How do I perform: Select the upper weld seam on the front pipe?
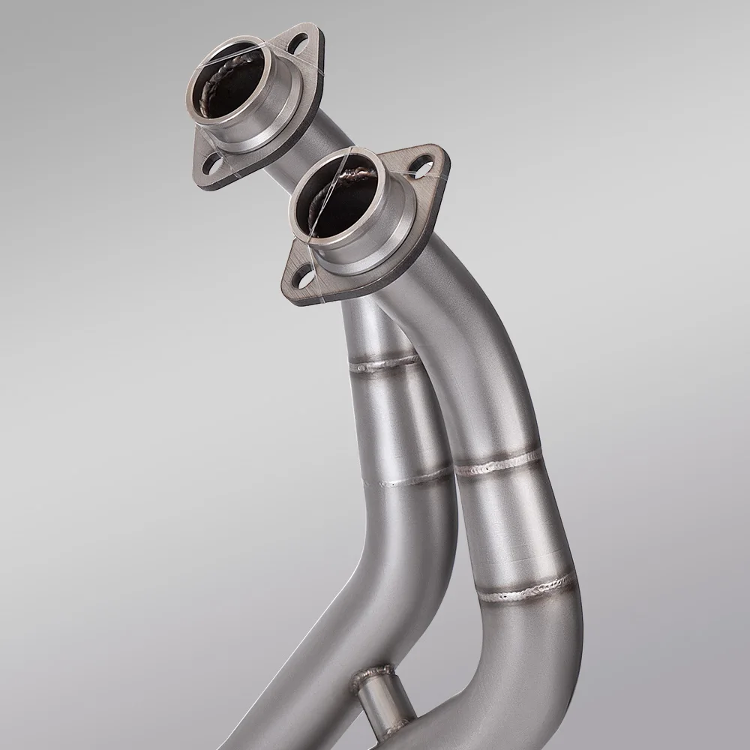tap(499, 463)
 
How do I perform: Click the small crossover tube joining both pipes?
tap(379, 697)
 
